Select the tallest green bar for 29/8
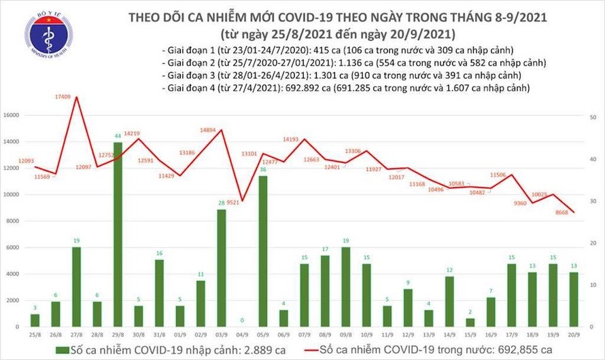pyautogui.click(x=118, y=234)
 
